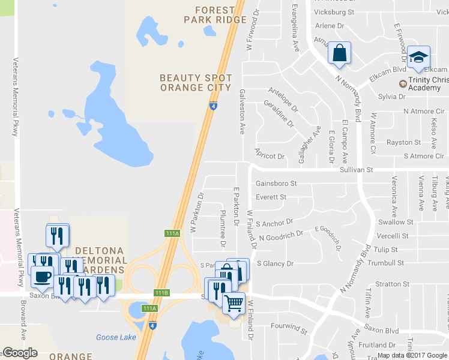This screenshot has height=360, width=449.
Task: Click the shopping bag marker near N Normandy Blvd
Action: coord(339,53)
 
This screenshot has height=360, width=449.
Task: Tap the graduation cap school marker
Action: coord(418,57)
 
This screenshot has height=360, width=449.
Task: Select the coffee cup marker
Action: coord(42,277)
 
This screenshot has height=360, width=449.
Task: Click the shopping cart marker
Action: coord(234,302)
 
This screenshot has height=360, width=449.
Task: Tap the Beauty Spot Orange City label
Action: coord(196,83)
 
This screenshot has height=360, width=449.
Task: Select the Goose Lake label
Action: coord(116,337)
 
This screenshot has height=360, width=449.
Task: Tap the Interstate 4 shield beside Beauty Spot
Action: coord(213,106)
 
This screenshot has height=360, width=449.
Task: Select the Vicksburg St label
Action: coord(335,12)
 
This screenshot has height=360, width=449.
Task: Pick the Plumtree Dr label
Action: coord(222,229)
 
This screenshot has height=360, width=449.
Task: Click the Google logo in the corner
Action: coord(20,353)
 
